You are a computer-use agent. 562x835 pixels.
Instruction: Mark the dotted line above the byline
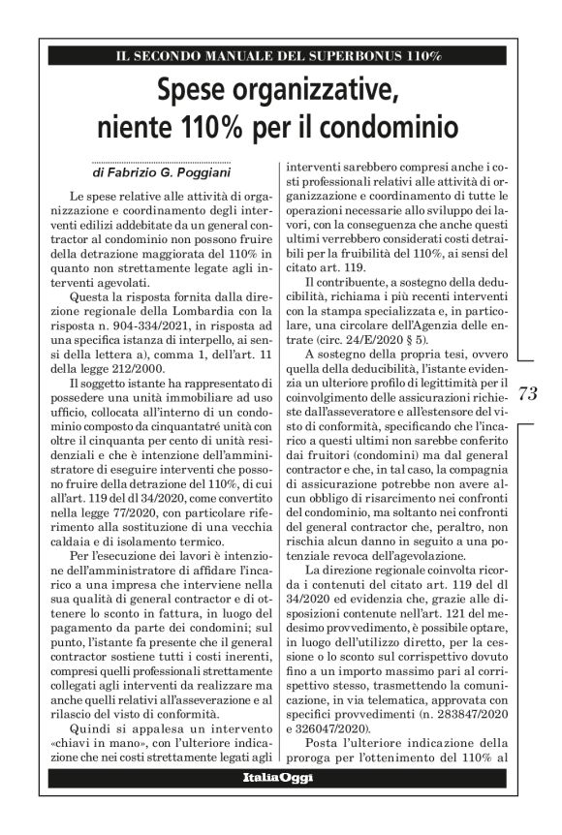coord(160,162)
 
